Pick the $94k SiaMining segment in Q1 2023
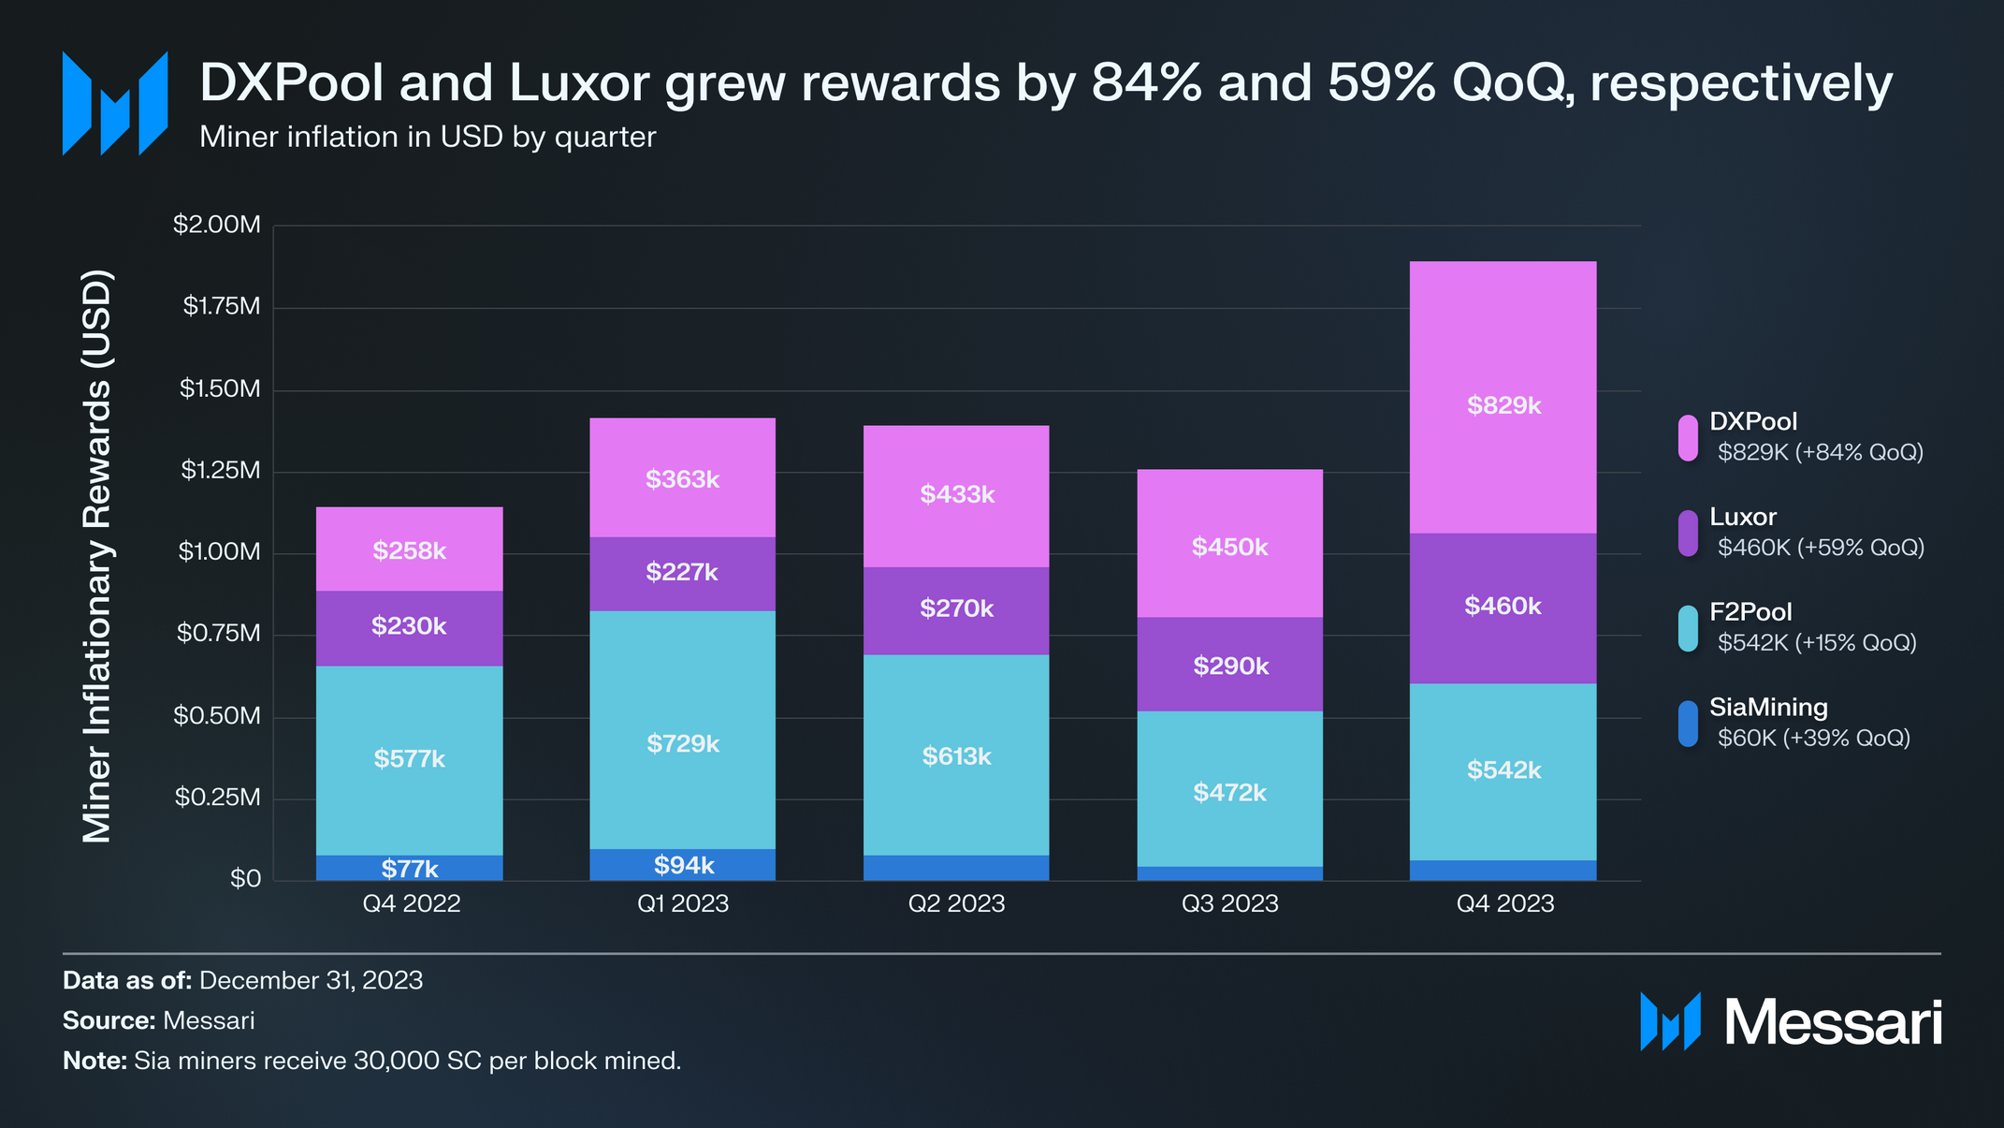pyautogui.click(x=683, y=865)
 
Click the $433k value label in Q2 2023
pyautogui.click(x=956, y=494)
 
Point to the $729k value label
pyautogui.click(x=683, y=744)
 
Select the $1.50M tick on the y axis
pyautogui.click(x=220, y=388)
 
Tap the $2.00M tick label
pyautogui.click(x=217, y=225)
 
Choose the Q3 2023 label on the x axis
pyautogui.click(x=1229, y=903)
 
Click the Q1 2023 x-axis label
pyautogui.click(x=683, y=903)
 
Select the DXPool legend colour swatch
pyautogui.click(x=1688, y=438)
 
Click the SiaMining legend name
pyautogui.click(x=1768, y=708)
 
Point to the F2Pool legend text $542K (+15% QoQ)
pyautogui.click(x=1817, y=643)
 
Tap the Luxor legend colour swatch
pyautogui.click(x=1688, y=534)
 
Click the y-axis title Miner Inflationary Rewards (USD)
pyautogui.click(x=97, y=556)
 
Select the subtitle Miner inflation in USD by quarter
pyautogui.click(x=428, y=138)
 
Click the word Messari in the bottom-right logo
pyautogui.click(x=1833, y=1022)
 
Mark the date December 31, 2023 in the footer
pyautogui.click(x=311, y=980)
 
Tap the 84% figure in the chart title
pyautogui.click(x=1146, y=82)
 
